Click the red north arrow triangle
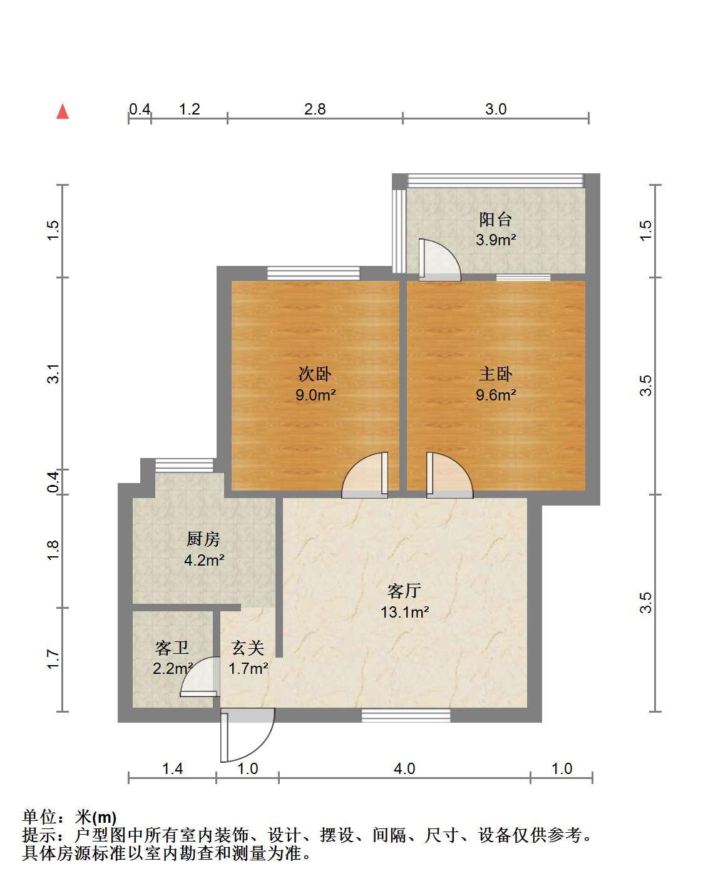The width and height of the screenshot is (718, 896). (x=63, y=111)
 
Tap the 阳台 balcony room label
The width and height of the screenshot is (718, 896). (x=495, y=220)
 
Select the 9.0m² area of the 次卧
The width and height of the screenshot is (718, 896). (x=315, y=394)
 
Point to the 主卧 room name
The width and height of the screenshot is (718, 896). (x=496, y=374)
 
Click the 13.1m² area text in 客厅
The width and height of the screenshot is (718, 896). (x=404, y=612)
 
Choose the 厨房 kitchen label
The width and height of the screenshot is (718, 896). (x=203, y=539)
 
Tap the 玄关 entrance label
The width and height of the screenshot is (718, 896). (x=248, y=648)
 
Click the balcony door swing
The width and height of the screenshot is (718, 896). (x=439, y=260)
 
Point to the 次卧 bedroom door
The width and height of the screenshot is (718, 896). (x=364, y=475)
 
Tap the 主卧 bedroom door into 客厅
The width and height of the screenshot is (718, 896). (x=449, y=475)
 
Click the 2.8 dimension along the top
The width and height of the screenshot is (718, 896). (x=315, y=109)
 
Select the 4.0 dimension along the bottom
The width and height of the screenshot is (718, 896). (x=404, y=768)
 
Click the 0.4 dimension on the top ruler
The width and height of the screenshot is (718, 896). (x=140, y=109)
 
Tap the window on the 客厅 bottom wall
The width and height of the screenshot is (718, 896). (x=406, y=715)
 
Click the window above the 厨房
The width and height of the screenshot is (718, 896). (x=184, y=466)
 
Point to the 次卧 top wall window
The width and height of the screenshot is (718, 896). (x=313, y=273)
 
